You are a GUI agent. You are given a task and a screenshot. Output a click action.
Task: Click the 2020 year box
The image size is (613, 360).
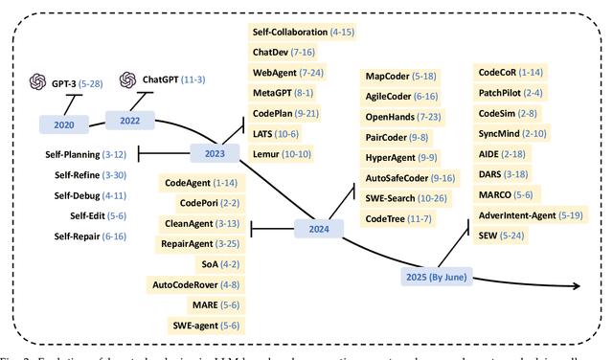(x=63, y=124)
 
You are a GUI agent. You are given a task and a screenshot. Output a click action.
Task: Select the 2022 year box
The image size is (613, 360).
(x=129, y=121)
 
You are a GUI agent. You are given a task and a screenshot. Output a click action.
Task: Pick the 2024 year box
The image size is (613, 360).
(x=318, y=228)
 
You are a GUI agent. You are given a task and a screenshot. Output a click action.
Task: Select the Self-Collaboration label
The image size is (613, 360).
(x=288, y=33)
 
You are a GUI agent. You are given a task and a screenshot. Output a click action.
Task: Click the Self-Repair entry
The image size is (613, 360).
(x=75, y=236)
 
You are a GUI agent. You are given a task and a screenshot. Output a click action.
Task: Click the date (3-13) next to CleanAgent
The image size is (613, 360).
(x=226, y=223)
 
